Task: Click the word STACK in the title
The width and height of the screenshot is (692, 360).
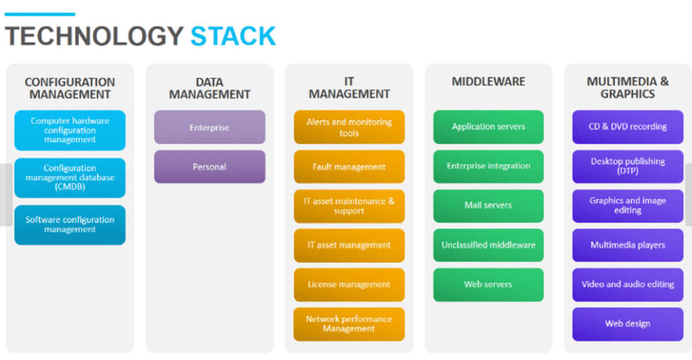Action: pos(233,36)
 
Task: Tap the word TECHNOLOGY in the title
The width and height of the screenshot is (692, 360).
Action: pos(94,36)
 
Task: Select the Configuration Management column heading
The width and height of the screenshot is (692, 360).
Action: pos(70,88)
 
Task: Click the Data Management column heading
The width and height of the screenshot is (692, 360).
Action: pos(209,88)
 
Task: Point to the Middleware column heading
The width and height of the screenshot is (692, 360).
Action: pos(489,82)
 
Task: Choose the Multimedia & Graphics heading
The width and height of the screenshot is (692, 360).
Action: pos(628,88)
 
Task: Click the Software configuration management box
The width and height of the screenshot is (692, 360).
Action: pos(70,225)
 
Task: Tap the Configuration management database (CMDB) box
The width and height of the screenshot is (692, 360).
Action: pos(70,178)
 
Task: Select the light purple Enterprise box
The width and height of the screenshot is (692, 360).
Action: pos(209,127)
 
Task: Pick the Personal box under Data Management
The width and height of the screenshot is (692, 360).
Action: pos(209,167)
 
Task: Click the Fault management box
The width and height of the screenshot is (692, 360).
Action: pos(349,167)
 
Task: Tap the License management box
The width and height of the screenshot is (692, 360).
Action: pos(349,284)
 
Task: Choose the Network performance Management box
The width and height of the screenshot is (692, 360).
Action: pos(349,324)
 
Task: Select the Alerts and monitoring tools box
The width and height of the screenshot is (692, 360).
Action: pos(349,127)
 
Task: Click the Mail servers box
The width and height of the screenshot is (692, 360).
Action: pos(489,206)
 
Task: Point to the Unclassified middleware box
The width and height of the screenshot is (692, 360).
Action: pos(489,245)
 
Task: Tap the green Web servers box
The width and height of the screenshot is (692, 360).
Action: pos(489,284)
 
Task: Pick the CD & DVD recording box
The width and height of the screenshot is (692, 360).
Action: pos(628,127)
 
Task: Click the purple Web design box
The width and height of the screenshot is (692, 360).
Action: pos(628,324)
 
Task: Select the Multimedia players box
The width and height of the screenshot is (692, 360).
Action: pos(628,245)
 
